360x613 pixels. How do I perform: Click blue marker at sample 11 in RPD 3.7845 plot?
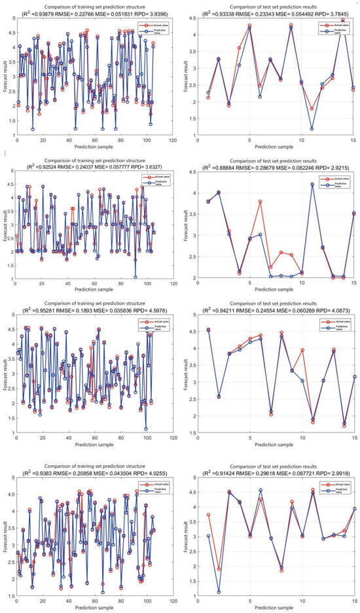(312, 129)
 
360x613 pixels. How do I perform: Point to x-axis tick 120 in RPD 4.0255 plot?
(172, 603)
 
